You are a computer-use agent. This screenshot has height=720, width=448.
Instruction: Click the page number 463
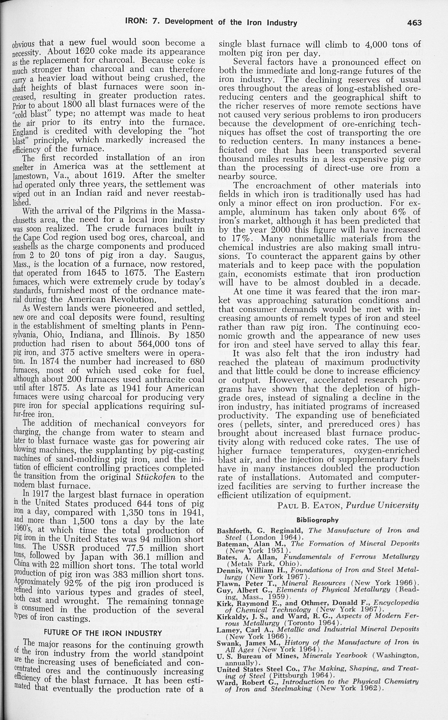(x=414, y=23)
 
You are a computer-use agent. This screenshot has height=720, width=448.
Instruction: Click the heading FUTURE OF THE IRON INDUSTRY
(x=103, y=633)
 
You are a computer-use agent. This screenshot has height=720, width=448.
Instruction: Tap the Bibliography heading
(x=317, y=520)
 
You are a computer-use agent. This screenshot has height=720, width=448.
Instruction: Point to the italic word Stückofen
(x=153, y=477)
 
